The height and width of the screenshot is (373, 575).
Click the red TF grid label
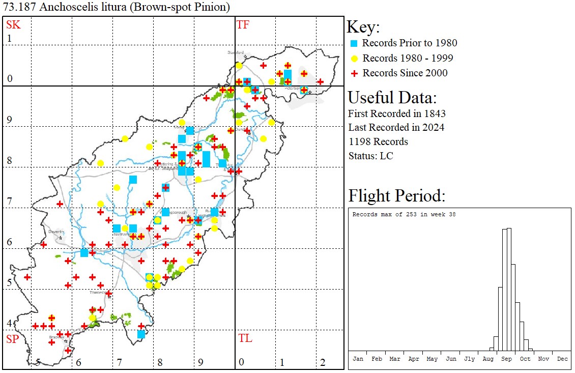click(x=243, y=25)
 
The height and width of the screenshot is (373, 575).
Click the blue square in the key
click(x=354, y=43)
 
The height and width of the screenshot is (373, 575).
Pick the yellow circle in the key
click(x=354, y=58)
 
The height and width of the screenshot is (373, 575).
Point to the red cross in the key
click(x=354, y=73)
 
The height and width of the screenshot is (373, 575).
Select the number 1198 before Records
click(x=360, y=141)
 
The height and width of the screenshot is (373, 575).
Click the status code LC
click(x=386, y=156)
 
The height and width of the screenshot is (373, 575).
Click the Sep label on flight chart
click(x=507, y=359)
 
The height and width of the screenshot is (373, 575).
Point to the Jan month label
click(x=358, y=359)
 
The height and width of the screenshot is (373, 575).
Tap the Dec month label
click(x=562, y=359)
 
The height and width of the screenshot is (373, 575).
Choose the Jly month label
click(x=469, y=359)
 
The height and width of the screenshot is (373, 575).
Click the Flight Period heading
click(x=396, y=196)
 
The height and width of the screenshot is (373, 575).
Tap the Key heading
click(x=363, y=27)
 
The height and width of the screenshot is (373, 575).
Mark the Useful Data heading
click(x=392, y=98)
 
